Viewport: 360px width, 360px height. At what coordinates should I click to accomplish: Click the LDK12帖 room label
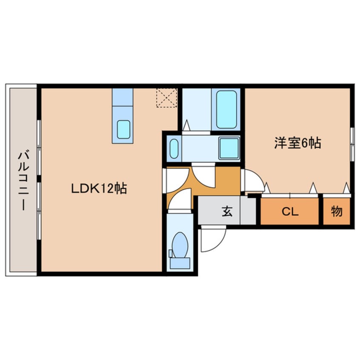(x=99, y=189)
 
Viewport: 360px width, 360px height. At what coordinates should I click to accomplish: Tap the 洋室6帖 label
(x=297, y=143)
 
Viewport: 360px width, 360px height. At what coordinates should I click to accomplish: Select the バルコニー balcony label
(x=21, y=180)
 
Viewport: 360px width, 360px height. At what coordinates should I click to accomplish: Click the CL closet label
(x=289, y=211)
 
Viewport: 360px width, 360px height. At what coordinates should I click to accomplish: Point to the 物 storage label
(x=337, y=211)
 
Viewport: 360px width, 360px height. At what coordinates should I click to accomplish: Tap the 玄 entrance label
(x=226, y=211)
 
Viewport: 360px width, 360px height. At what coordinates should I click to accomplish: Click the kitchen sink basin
(x=123, y=129)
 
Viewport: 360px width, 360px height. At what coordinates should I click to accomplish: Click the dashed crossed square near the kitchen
(x=166, y=98)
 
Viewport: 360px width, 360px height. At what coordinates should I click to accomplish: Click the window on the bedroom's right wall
(x=352, y=144)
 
